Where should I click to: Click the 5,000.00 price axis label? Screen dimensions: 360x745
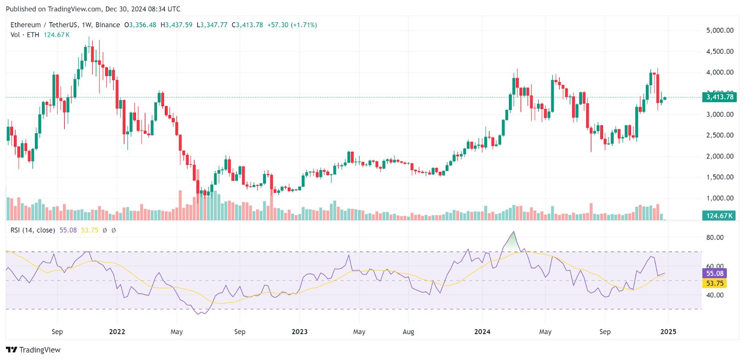pos(719,30)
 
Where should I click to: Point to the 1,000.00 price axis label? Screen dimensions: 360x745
pos(719,198)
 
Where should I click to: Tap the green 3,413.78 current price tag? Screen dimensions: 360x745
pos(719,97)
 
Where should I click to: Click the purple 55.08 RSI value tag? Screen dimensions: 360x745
pos(714,273)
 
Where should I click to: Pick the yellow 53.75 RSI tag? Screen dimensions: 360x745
pos(714,283)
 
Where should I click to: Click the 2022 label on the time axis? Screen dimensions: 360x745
pos(117,332)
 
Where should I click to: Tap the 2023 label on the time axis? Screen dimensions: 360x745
pos(299,332)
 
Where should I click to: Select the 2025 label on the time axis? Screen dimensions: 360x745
pos(668,332)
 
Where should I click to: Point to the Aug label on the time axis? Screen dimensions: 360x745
pos(408,332)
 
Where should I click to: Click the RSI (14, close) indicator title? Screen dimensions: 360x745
pos(33,230)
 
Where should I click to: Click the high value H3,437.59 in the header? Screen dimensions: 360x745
pos(176,25)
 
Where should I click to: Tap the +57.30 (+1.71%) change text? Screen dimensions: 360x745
pos(292,25)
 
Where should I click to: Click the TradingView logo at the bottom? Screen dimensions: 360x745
pos(34,350)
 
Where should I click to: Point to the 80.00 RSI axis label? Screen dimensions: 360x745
pos(715,237)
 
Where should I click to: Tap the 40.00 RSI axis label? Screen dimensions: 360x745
pos(715,295)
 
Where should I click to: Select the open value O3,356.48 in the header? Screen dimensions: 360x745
pos(140,25)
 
